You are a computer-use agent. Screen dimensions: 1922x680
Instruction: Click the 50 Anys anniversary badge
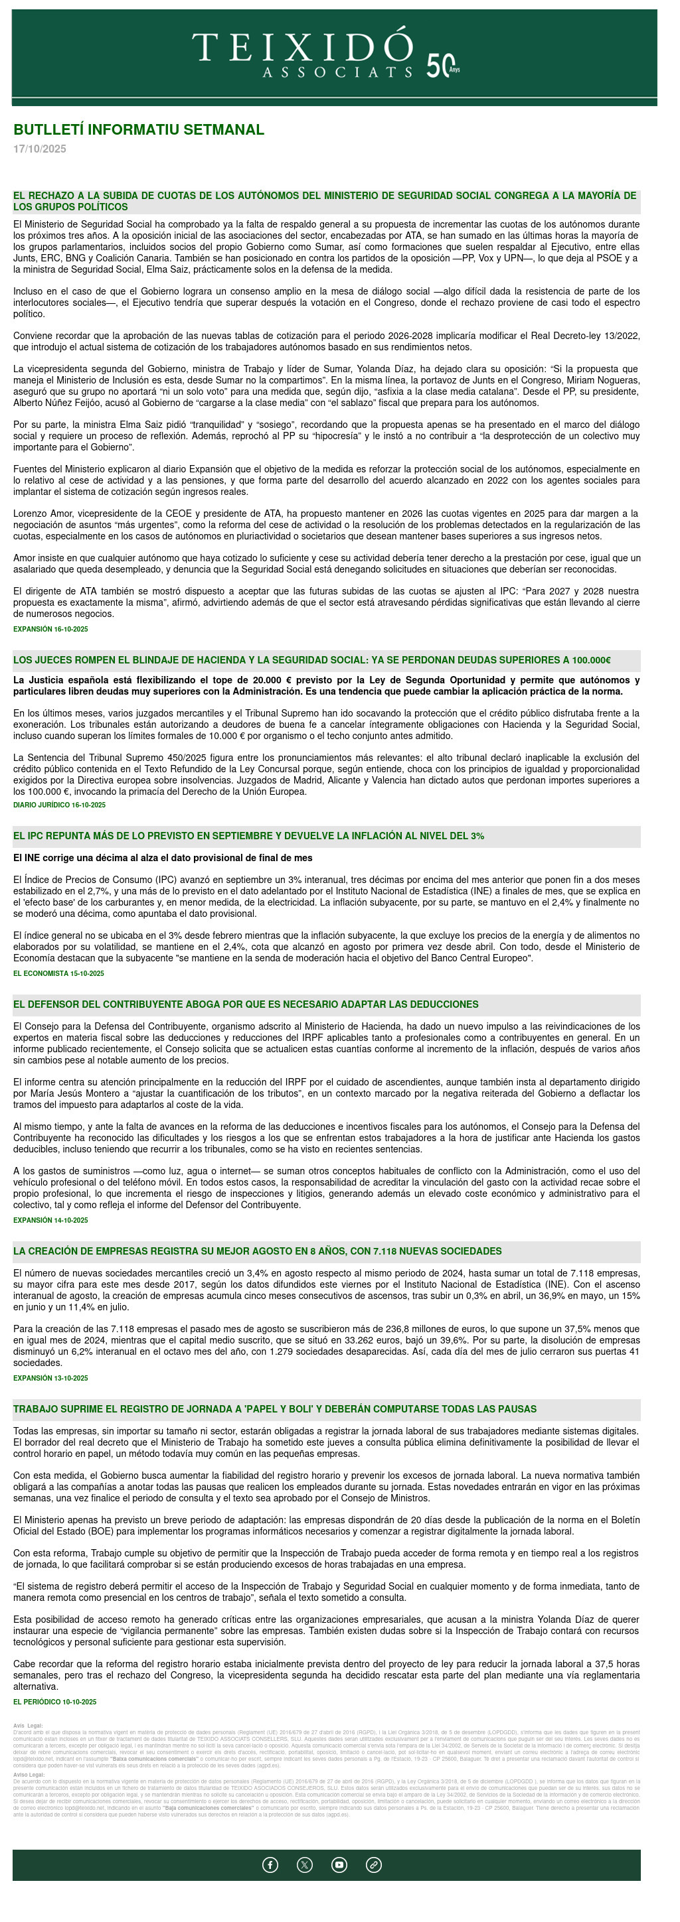point(443,66)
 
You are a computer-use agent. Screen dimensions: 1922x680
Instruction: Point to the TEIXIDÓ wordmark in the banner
point(302,47)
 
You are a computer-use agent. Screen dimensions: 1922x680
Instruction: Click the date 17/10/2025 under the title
point(40,149)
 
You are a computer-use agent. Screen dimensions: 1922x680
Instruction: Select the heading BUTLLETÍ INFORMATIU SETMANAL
point(139,130)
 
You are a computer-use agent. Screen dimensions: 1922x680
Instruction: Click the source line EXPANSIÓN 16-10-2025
point(50,629)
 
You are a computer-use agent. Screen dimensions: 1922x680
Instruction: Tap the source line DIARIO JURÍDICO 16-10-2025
point(59,805)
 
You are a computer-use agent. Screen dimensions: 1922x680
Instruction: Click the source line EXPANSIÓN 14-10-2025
point(50,1220)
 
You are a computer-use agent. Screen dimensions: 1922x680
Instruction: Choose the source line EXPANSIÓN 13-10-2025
point(50,1377)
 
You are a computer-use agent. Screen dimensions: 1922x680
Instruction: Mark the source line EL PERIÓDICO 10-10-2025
point(54,1701)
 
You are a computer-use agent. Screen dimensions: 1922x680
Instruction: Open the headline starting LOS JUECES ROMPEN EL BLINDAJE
point(311,660)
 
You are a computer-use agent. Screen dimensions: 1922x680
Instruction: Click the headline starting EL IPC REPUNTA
point(248,836)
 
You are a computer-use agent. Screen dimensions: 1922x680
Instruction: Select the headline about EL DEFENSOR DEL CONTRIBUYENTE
point(246,1004)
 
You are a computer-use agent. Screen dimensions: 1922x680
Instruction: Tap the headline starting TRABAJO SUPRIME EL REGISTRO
point(275,1408)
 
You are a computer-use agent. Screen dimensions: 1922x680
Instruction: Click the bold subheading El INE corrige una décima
point(163,858)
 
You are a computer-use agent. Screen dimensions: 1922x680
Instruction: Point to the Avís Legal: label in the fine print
point(29,1726)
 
